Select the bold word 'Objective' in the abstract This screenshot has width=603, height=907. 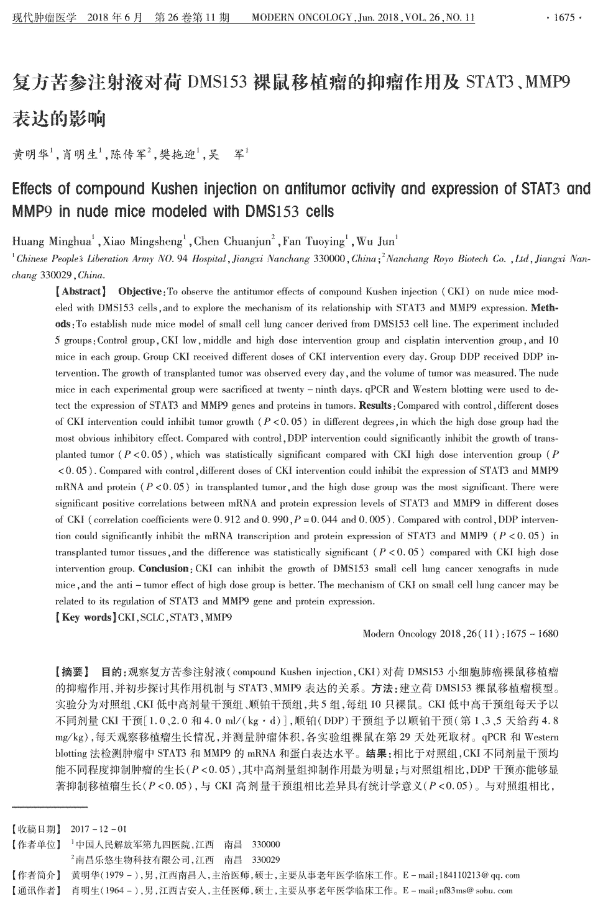139,291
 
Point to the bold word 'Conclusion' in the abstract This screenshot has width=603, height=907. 163,568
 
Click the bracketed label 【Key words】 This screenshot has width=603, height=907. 85,618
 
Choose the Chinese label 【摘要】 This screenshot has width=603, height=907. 73,672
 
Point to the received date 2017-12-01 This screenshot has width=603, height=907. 99,829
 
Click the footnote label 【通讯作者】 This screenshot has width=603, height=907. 37,891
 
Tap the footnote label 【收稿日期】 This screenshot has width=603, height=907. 37,829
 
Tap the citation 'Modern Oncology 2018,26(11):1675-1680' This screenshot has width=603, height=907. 460,634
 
